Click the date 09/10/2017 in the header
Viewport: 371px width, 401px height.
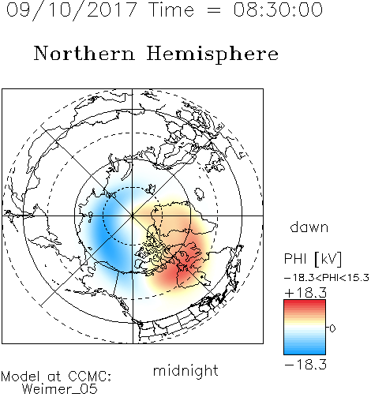tap(71, 10)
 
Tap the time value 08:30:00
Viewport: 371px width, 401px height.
tap(278, 9)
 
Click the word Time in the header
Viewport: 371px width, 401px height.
tap(171, 9)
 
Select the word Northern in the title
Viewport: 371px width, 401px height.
tap(84, 53)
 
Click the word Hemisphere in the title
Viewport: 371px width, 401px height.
tap(212, 54)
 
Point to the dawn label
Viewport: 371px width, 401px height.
tap(309, 227)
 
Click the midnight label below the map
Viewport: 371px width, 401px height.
tap(185, 370)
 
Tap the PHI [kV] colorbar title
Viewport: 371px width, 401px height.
tap(313, 259)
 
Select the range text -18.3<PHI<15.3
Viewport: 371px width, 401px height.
tap(327, 278)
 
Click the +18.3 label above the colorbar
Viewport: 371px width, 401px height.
tap(305, 293)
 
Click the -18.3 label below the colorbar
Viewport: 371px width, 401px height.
tap(305, 365)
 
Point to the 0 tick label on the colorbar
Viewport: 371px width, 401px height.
tap(332, 328)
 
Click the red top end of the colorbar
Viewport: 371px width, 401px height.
tap(305, 302)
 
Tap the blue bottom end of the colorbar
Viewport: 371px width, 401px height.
tap(305, 352)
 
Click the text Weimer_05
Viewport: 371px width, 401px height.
tap(60, 389)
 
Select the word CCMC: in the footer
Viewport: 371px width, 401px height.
tap(90, 377)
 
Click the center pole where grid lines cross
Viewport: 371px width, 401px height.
tap(133, 215)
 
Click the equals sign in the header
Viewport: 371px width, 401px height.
tap(213, 10)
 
